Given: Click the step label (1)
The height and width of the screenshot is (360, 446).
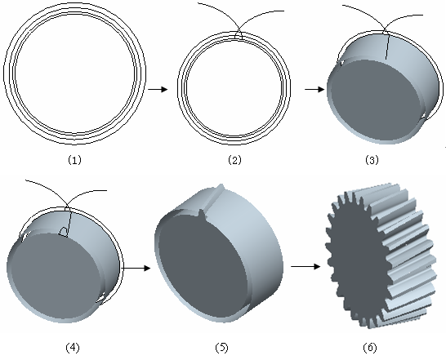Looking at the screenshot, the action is [x=74, y=160].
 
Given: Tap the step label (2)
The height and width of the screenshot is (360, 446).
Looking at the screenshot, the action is [x=234, y=160].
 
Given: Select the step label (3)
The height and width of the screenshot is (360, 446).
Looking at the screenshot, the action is [x=372, y=160].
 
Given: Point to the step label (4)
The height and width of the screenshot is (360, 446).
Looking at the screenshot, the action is [x=73, y=348].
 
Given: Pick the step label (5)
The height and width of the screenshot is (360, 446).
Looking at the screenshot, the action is [x=222, y=348].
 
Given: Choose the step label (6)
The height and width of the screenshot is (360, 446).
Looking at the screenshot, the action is [x=370, y=348].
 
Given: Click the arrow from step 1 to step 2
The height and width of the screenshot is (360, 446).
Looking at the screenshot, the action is [x=158, y=89].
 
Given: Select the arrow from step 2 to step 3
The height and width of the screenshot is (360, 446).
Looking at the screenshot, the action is [x=314, y=89].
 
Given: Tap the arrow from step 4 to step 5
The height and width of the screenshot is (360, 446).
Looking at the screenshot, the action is [x=136, y=268].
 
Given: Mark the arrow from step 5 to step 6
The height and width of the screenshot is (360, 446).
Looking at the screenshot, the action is [x=306, y=266].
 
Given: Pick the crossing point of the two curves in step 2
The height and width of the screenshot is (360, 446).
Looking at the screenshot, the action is [x=239, y=31].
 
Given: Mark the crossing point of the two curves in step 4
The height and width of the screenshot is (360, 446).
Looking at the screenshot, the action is [x=66, y=206].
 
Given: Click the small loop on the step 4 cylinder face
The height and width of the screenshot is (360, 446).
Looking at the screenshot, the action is [x=64, y=232].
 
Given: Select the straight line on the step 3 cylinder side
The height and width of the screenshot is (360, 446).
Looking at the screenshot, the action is [x=387, y=47].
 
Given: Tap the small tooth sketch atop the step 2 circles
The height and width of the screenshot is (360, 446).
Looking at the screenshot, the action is [x=239, y=37].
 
